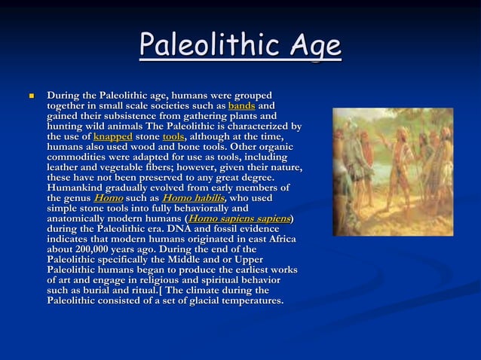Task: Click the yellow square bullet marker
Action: click(x=31, y=97)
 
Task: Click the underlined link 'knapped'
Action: click(x=113, y=137)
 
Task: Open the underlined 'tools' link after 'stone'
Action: click(x=173, y=137)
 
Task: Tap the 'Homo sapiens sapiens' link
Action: click(x=240, y=218)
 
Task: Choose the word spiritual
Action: click(x=228, y=279)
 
